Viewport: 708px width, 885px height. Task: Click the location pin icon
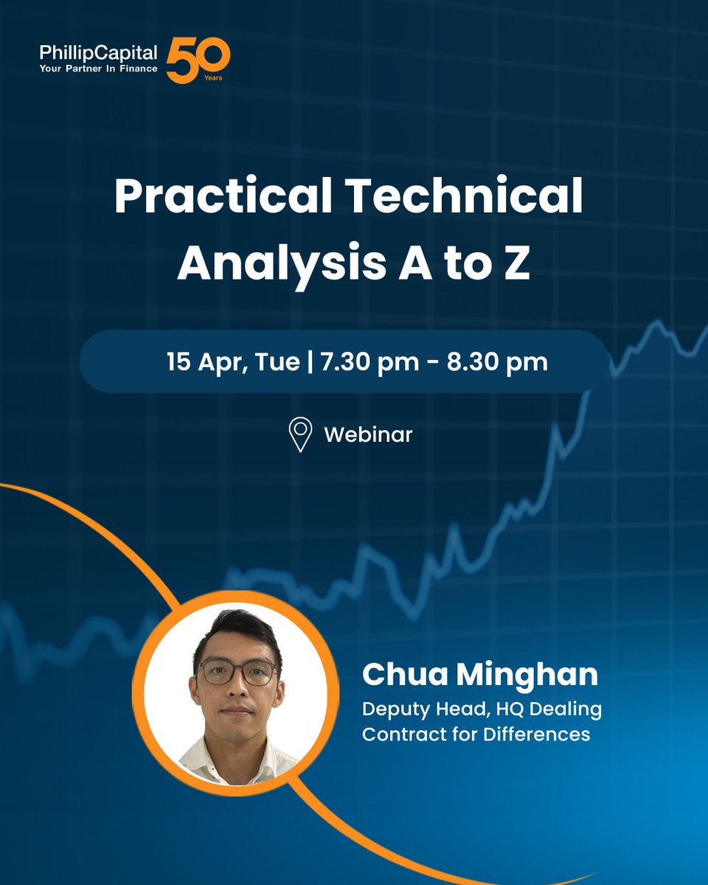(x=299, y=434)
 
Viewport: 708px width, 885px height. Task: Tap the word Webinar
(x=368, y=434)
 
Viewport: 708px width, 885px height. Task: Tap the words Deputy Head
(x=419, y=710)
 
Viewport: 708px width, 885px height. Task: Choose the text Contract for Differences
(x=476, y=735)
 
